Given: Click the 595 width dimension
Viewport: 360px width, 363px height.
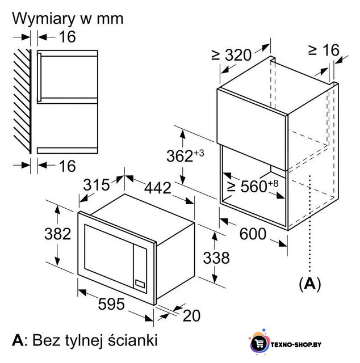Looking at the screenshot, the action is [x=111, y=304].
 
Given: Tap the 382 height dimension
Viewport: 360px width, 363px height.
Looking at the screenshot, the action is [x=57, y=234].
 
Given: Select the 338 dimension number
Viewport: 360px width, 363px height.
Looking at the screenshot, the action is [x=216, y=258].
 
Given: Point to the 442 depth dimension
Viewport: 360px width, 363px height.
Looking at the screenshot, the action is [x=158, y=188].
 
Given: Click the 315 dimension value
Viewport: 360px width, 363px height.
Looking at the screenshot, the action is [x=96, y=185].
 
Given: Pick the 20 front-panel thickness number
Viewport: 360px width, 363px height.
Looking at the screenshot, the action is [x=191, y=315].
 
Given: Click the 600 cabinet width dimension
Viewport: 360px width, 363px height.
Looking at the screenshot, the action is [x=253, y=234].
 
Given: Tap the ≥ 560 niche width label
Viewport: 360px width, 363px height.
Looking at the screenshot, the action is [x=253, y=186].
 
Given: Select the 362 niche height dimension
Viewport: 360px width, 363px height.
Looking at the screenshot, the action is [x=185, y=155].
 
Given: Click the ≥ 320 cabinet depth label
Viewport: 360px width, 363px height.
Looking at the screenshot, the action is [x=231, y=55].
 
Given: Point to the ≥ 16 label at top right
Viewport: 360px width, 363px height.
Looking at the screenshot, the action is [x=324, y=50].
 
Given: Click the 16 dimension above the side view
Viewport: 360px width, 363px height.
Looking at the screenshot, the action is [x=67, y=36].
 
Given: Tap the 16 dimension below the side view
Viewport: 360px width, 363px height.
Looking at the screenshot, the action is [x=67, y=166].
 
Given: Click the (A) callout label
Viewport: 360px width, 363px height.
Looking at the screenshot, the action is [x=310, y=284].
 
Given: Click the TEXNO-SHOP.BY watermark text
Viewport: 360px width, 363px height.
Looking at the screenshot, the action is [x=296, y=345].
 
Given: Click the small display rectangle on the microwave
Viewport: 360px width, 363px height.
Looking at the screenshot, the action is [x=140, y=284].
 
